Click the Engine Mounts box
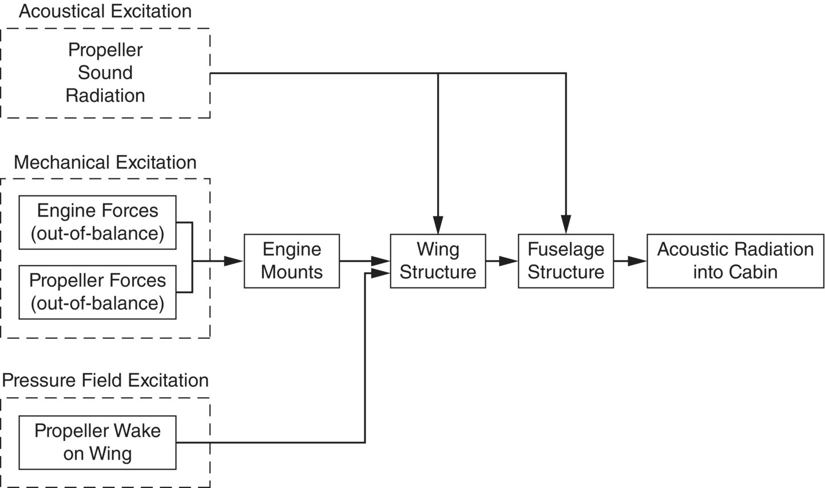[x=291, y=261]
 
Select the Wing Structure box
[x=438, y=261]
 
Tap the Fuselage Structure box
[x=565, y=261]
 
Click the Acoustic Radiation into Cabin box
[x=735, y=261]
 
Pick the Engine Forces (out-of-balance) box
[x=97, y=222]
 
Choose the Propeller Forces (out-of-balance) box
[x=97, y=292]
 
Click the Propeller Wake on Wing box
[x=97, y=442]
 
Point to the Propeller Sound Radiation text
[x=105, y=73]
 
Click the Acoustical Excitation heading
[x=105, y=11]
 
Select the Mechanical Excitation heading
[x=105, y=162]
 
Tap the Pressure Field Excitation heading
[x=105, y=381]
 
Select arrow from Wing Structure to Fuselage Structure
[x=502, y=261]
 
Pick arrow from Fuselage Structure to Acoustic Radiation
[x=630, y=261]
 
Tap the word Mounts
[x=291, y=272]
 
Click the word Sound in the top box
[x=105, y=73]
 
